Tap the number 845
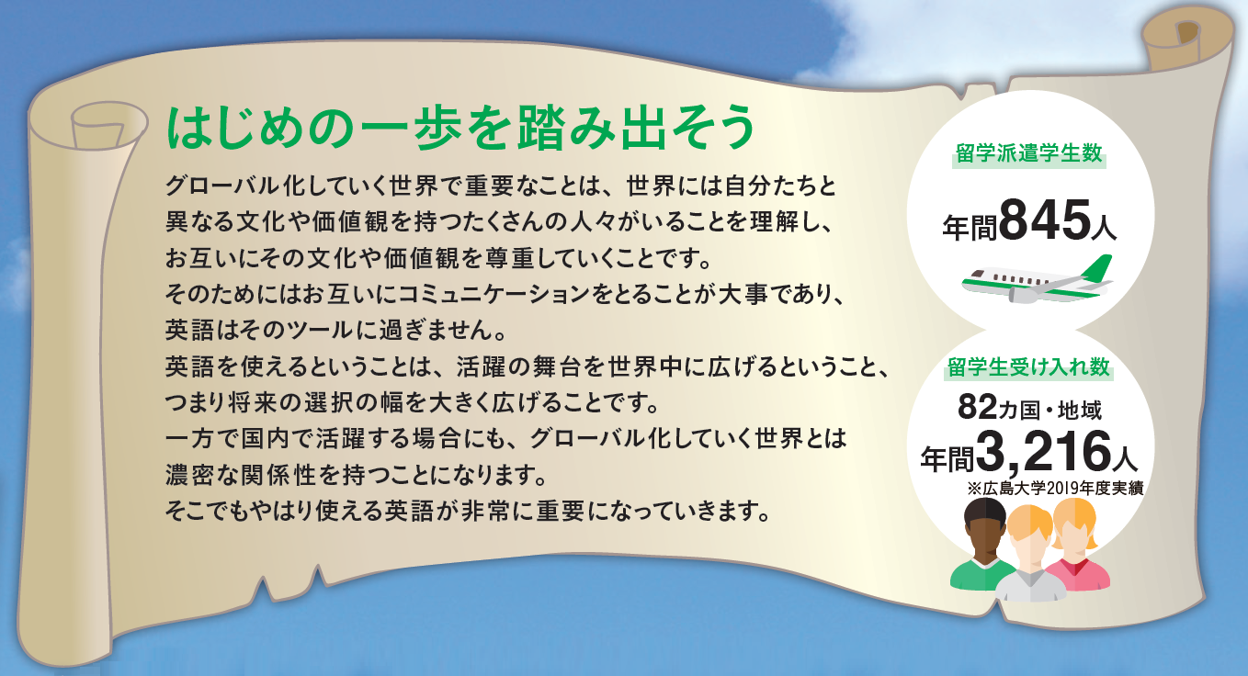[x=1045, y=220]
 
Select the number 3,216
[x=1043, y=452]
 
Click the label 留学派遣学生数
[x=1029, y=153]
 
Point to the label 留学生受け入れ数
[x=1028, y=367]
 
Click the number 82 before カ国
[x=977, y=407]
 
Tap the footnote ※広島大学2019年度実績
[x=1055, y=489]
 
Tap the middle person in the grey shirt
[x=1030, y=557]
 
